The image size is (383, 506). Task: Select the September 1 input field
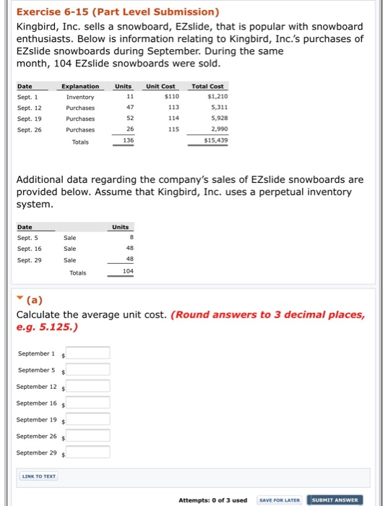(x=88, y=353)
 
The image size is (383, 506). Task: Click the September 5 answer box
(x=88, y=369)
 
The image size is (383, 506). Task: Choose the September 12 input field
(x=88, y=386)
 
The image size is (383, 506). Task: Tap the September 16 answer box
(x=88, y=403)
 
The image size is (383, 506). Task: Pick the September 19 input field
(x=88, y=419)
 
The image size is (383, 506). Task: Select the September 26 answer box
(x=88, y=436)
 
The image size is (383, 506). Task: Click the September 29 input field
(x=88, y=453)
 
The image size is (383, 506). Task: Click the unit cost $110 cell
(x=171, y=95)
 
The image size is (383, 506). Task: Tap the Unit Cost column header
(x=161, y=86)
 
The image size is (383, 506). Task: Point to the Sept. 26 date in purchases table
(x=30, y=130)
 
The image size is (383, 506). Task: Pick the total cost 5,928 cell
(x=219, y=119)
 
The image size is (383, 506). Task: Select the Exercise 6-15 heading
(x=117, y=12)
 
